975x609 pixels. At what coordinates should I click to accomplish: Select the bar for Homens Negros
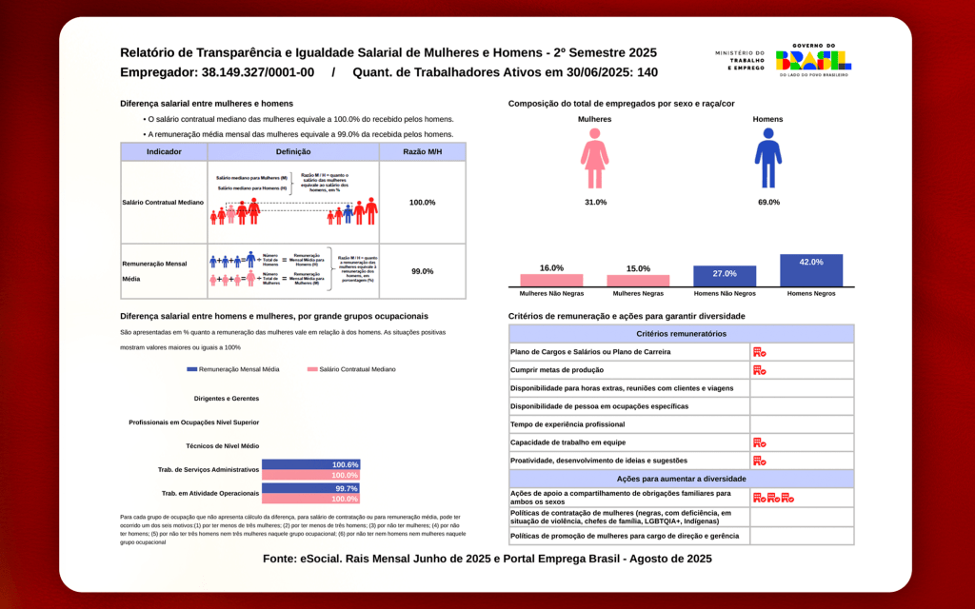pyautogui.click(x=810, y=270)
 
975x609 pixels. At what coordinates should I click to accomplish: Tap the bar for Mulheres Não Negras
pyautogui.click(x=551, y=280)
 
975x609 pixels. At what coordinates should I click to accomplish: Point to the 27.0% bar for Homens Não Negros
pyautogui.click(x=725, y=276)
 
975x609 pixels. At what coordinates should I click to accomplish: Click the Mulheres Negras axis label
pyautogui.click(x=638, y=294)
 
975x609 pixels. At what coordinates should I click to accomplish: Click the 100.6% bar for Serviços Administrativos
pyautogui.click(x=310, y=464)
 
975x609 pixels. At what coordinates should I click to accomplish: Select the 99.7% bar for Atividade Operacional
pyautogui.click(x=310, y=488)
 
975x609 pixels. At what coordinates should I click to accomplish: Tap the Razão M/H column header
pyautogui.click(x=422, y=152)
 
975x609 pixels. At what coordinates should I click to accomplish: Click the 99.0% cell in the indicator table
pyautogui.click(x=422, y=271)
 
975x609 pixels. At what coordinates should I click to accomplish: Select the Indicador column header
pyautogui.click(x=164, y=152)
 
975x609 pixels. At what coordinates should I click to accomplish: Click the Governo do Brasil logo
pyautogui.click(x=813, y=62)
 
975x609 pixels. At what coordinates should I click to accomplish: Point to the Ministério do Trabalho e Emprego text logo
pyautogui.click(x=739, y=61)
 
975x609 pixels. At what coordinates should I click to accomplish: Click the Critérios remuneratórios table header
pyautogui.click(x=681, y=334)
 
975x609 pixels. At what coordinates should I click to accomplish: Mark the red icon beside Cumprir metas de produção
pyautogui.click(x=759, y=370)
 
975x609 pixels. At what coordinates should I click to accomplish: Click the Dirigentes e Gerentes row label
pyautogui.click(x=226, y=399)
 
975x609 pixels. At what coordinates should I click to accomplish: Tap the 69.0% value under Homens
pyautogui.click(x=767, y=202)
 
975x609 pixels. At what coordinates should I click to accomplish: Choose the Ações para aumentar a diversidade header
pyautogui.click(x=681, y=479)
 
